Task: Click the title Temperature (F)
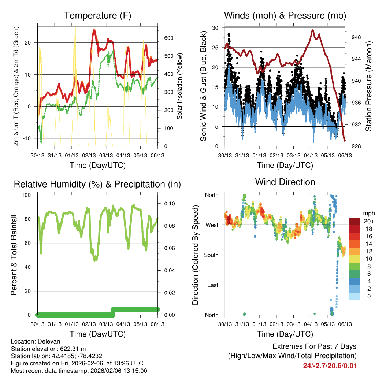coord(97,15)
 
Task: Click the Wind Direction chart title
coord(285,182)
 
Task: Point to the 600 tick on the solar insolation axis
coord(168,38)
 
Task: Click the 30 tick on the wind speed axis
coord(215,28)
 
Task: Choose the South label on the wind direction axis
coord(211,255)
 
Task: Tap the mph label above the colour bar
coord(368,213)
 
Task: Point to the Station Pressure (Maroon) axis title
coord(369,86)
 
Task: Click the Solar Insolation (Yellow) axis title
coord(180,86)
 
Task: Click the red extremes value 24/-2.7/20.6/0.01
coord(330,365)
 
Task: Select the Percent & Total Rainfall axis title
coord(14,255)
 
